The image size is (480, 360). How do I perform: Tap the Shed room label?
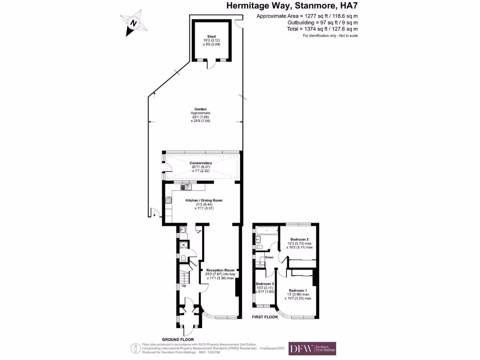click(x=211, y=37)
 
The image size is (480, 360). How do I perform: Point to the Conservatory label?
click(x=201, y=163)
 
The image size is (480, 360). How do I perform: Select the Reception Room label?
click(x=220, y=270)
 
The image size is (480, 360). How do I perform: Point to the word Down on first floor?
click(x=269, y=257)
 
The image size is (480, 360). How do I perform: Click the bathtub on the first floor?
click(x=266, y=230)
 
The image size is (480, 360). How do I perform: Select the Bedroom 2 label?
click(x=300, y=239)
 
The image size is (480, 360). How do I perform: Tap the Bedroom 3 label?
click(x=264, y=284)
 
